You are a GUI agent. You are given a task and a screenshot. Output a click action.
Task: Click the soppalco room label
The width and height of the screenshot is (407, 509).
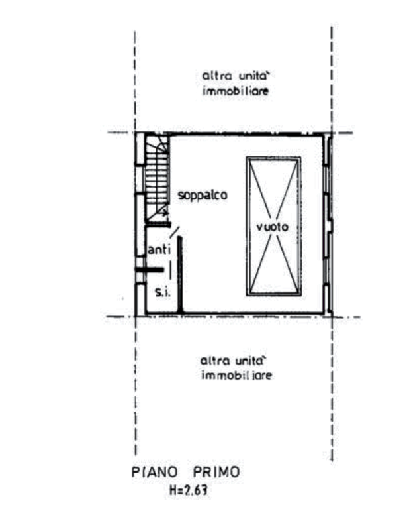tap(203, 196)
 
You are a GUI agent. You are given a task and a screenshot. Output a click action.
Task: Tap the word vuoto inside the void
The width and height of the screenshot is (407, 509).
tap(273, 227)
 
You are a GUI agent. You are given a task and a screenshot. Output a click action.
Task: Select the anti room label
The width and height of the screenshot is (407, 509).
tap(158, 250)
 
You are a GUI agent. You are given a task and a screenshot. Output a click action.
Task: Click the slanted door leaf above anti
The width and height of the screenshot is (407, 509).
tap(175, 231)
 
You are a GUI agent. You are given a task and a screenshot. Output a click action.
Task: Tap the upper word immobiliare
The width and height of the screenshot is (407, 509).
tap(235, 91)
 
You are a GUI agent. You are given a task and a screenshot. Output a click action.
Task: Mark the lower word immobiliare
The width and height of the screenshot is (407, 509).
tap(236, 376)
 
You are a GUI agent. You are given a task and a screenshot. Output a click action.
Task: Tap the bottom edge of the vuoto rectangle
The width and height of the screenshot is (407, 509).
tap(273, 296)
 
